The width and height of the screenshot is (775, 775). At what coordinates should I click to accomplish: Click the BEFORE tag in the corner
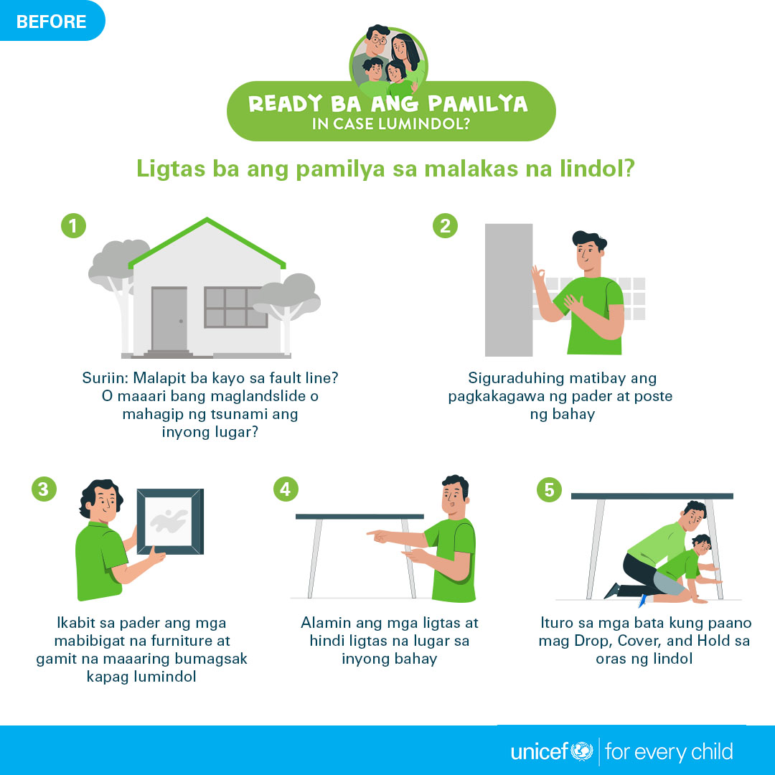(x=52, y=21)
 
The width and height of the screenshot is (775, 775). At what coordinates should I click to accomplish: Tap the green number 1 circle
(x=74, y=226)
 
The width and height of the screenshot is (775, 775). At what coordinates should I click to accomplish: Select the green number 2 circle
(x=446, y=226)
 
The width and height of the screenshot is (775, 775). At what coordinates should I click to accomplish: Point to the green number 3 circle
(x=44, y=489)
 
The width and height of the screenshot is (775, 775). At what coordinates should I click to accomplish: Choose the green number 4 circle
(x=286, y=489)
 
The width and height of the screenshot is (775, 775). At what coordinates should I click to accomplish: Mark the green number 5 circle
(x=549, y=490)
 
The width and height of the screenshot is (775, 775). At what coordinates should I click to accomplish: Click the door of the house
(x=169, y=319)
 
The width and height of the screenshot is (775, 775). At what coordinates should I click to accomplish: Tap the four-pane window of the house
(x=236, y=307)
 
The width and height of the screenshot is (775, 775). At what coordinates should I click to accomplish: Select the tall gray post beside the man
(x=509, y=290)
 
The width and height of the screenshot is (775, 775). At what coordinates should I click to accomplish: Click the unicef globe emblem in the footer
(x=582, y=751)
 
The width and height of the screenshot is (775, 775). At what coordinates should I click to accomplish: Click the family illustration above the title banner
(x=388, y=60)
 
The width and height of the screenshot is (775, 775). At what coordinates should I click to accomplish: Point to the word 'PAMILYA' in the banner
(x=478, y=104)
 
